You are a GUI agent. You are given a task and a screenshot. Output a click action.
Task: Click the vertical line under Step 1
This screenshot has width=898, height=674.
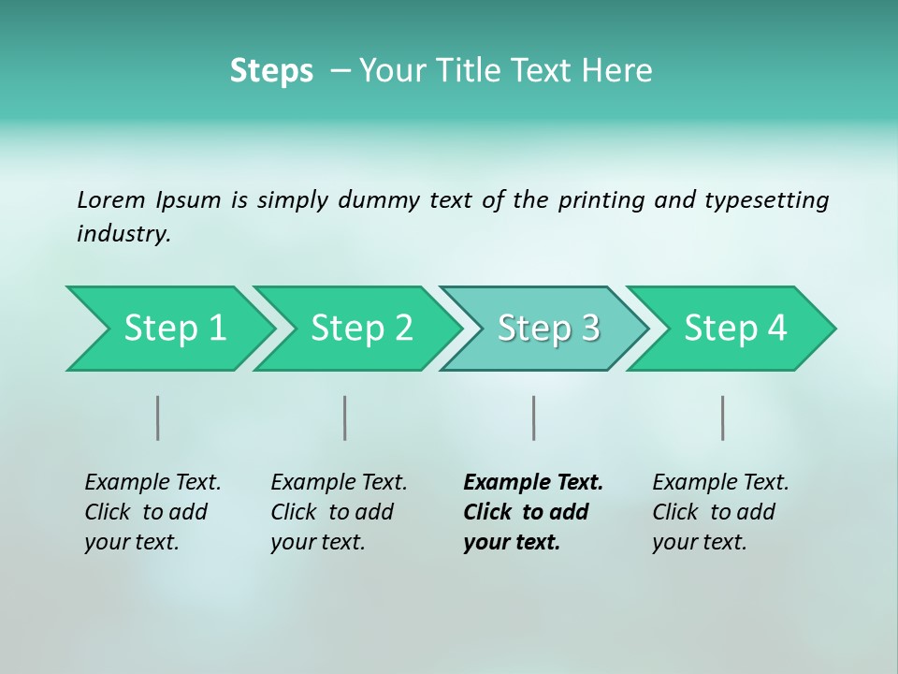(x=158, y=418)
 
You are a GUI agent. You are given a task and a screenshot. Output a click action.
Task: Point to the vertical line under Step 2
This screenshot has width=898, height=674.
(x=345, y=418)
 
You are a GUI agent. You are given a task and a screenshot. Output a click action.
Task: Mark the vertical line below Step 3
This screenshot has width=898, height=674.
(x=533, y=418)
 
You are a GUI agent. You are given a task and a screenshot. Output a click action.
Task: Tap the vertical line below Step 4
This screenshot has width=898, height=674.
(x=722, y=418)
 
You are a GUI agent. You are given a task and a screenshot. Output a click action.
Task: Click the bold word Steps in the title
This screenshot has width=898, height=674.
(x=271, y=71)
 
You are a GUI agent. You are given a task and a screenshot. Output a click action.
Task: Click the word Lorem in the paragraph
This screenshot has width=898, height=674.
(x=111, y=199)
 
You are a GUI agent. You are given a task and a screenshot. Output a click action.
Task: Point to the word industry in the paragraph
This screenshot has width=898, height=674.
(x=123, y=233)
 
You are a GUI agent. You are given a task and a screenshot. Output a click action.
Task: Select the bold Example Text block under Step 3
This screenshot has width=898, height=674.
(x=532, y=512)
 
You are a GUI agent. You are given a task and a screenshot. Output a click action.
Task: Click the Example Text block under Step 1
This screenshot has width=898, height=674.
(x=152, y=512)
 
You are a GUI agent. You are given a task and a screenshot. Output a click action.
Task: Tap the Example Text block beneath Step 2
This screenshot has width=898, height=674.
(x=339, y=512)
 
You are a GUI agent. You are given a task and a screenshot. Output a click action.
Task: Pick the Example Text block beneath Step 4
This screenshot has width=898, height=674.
(x=720, y=512)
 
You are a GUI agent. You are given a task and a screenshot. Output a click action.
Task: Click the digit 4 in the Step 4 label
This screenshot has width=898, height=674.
(x=777, y=329)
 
